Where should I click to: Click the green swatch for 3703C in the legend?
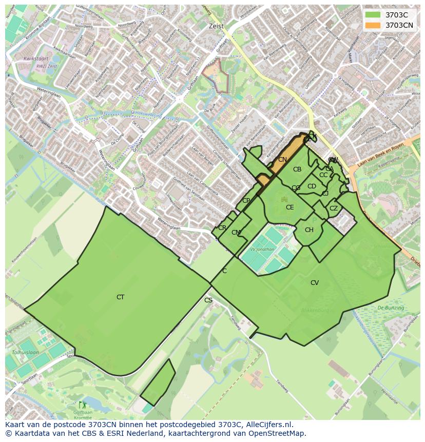(373, 15)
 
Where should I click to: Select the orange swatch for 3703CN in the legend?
(373, 25)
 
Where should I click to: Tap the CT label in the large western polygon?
(120, 297)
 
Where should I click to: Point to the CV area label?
(314, 283)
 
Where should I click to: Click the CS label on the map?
(208, 300)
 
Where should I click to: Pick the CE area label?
(289, 207)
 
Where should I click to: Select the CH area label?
(308, 230)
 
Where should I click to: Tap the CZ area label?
(334, 208)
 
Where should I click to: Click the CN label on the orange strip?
(282, 160)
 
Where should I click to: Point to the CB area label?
(297, 169)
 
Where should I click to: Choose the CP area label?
(246, 201)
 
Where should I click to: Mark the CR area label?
(222, 228)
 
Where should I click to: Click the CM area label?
(236, 233)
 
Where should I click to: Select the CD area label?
(312, 186)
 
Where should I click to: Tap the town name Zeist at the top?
(216, 27)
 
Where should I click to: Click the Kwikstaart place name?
(35, 59)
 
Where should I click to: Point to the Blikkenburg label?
(315, 311)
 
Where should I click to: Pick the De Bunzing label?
(390, 308)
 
